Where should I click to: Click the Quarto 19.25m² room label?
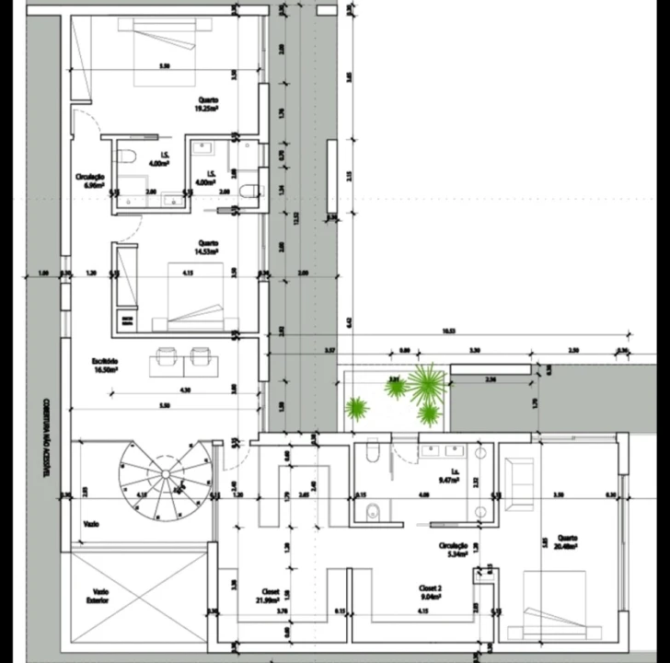point(205,104)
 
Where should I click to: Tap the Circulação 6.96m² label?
point(90,180)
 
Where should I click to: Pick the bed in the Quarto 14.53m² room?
point(195,295)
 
